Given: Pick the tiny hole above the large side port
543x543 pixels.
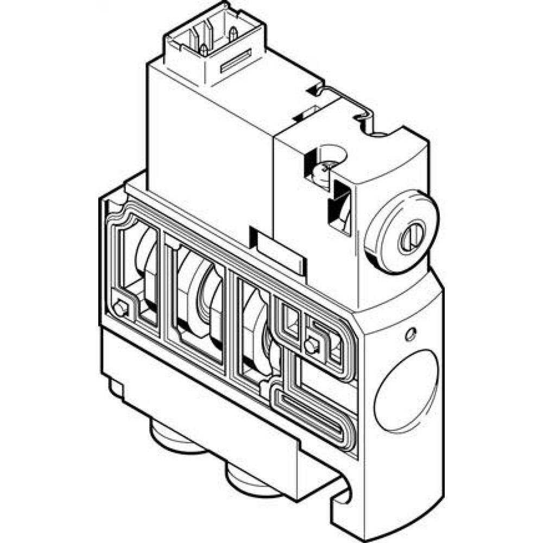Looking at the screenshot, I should tap(411, 334).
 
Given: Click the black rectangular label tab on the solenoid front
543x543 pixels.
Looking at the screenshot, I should tap(277, 251).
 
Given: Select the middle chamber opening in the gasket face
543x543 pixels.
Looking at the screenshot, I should tap(198, 304).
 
